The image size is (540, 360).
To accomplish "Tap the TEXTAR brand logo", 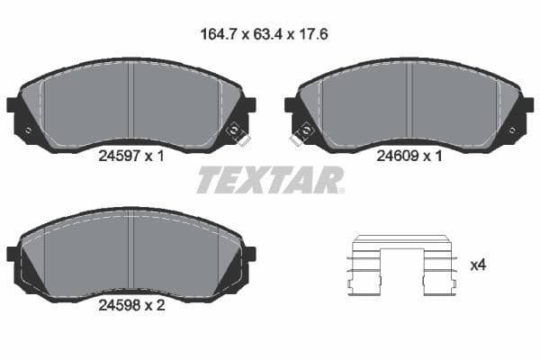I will tap(270, 181).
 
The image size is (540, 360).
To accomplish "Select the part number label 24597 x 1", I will tap(130, 155).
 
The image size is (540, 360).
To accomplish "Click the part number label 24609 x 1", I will tap(409, 155).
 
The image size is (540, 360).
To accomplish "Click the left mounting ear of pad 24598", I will tap(13, 254).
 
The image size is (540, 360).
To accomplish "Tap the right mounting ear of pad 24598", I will tap(249, 254).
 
